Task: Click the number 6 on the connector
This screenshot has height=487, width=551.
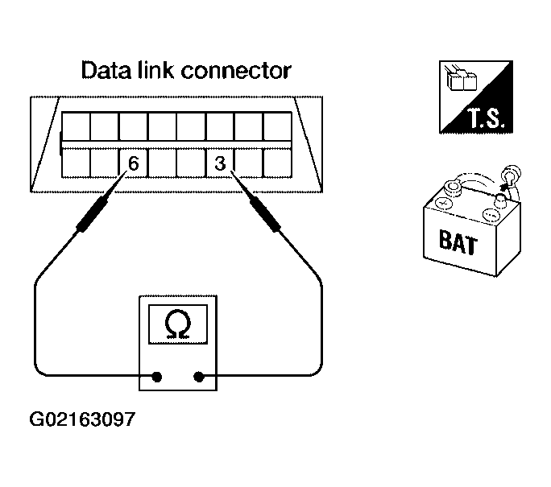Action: point(134,163)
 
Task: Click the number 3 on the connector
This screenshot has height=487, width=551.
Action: point(220,163)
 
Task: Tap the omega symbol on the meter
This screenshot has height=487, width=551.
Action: point(178,324)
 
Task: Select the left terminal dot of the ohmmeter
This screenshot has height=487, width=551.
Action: point(157,375)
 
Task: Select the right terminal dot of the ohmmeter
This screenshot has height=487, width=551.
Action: point(200,375)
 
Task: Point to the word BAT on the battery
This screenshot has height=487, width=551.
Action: point(456,241)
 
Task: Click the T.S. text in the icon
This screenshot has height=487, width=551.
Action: point(483,122)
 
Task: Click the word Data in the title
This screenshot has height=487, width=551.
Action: point(106,71)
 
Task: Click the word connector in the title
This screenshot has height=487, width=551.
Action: point(236,71)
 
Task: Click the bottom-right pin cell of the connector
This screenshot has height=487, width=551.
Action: point(277,164)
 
